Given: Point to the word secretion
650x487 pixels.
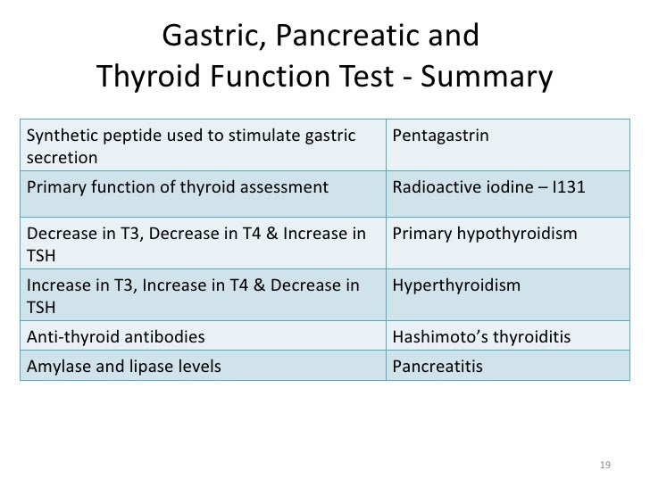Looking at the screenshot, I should (x=62, y=158).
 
